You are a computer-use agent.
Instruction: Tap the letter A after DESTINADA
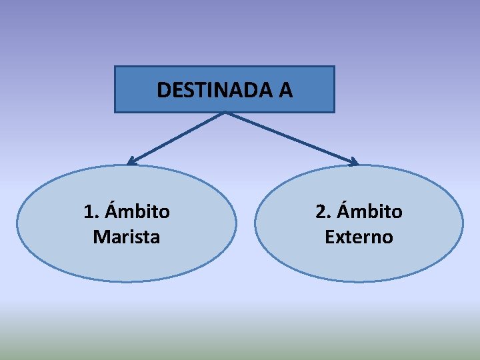click(x=285, y=90)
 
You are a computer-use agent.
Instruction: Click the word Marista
click(x=127, y=237)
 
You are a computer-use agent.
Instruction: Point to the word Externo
click(x=359, y=237)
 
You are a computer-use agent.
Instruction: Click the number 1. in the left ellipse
click(x=92, y=212)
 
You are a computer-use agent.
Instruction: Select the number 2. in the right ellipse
click(x=324, y=212)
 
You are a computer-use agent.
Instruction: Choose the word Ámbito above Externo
click(x=369, y=211)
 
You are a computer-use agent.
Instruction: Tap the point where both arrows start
click(x=225, y=113)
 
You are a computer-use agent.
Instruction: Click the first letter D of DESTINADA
click(x=163, y=90)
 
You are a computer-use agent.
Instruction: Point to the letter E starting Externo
click(x=329, y=237)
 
